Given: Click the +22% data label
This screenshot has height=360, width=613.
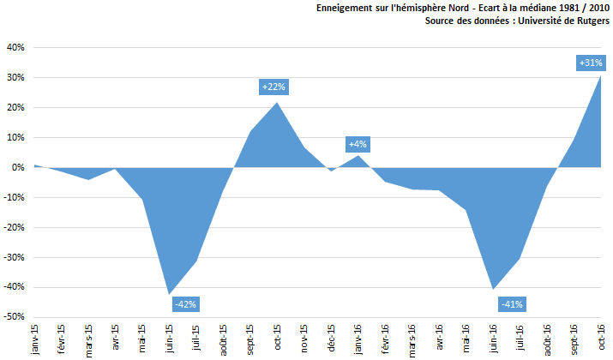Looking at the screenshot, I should click(273, 87).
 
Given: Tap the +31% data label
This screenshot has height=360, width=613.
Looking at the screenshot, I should click(591, 63).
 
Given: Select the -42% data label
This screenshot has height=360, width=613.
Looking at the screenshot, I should click(185, 303).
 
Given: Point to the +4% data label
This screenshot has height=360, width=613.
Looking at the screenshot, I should click(358, 144).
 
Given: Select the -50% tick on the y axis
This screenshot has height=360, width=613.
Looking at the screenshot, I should click(14, 317).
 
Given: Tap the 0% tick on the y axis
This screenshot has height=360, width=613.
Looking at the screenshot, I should click(18, 167).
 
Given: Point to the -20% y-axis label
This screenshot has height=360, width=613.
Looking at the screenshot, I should click(14, 227).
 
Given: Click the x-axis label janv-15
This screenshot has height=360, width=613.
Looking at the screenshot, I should click(33, 339).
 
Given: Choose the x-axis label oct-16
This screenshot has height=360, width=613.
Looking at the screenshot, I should click(600, 339).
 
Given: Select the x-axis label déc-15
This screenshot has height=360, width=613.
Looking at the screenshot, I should click(331, 339).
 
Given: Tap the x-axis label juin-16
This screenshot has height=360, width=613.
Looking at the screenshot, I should click(492, 339).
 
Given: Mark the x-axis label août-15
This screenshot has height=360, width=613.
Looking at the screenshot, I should click(222, 339).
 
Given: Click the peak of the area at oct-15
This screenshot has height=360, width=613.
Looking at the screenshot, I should click(277, 103).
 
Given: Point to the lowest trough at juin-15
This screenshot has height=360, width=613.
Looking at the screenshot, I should click(169, 294).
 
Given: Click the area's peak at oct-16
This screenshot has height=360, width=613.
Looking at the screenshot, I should click(600, 75).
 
